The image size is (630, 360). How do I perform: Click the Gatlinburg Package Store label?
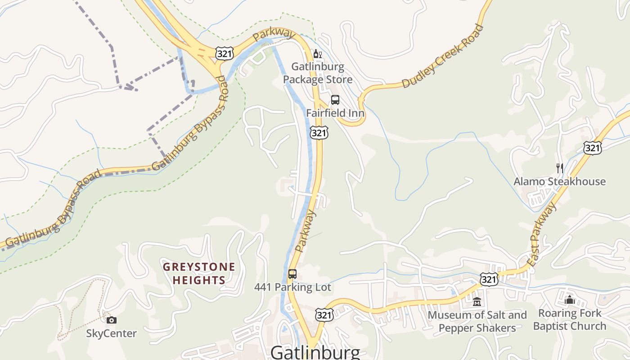click(318, 73)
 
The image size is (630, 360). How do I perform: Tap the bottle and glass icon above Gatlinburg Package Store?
click(317, 54)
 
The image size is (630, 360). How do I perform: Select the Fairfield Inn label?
click(335, 113)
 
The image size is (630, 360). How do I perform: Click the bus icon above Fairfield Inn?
click(335, 100)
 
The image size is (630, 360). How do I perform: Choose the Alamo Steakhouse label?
click(560, 182)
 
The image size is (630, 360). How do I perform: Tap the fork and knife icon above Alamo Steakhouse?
click(560, 168)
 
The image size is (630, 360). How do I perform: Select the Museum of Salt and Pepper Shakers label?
click(477, 321)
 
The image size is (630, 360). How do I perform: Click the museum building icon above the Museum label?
click(477, 302)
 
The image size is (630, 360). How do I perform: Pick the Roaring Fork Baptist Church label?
click(570, 319)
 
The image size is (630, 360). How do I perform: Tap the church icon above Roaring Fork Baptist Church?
click(570, 300)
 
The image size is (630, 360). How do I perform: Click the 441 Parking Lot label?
click(292, 287)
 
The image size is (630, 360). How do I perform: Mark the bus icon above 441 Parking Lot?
click(292, 274)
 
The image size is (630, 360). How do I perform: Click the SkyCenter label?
click(111, 333)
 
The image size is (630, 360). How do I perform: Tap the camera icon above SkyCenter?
click(112, 320)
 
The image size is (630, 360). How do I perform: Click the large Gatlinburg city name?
click(315, 352)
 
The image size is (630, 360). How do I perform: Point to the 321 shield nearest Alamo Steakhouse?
click(593, 148)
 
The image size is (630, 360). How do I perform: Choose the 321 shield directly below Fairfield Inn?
click(319, 133)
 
